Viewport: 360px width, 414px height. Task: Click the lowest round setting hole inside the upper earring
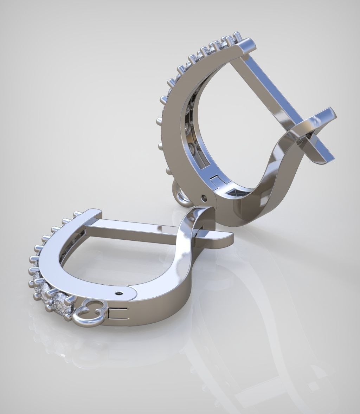pos(192,148)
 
